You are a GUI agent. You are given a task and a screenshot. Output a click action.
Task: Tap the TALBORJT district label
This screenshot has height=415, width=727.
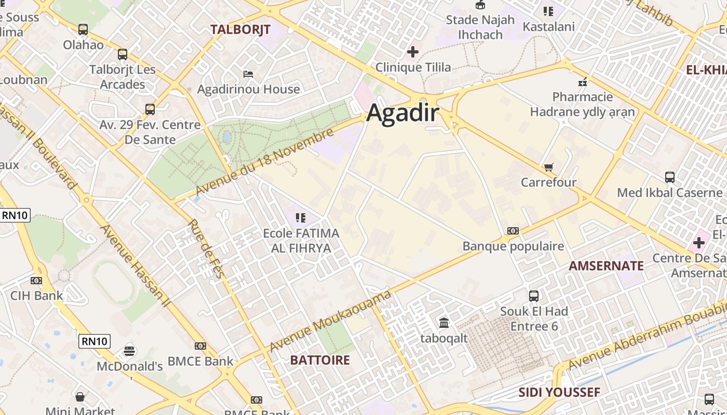tap(240, 30)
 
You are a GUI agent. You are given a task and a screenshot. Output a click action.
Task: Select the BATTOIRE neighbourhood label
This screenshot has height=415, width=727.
tap(320, 360)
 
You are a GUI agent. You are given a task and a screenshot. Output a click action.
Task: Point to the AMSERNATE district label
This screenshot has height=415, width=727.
tap(606, 266)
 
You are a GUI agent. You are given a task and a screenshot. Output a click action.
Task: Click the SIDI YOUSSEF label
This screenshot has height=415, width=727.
tap(559, 393)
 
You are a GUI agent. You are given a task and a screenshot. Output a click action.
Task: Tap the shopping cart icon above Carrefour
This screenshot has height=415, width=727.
tap(548, 167)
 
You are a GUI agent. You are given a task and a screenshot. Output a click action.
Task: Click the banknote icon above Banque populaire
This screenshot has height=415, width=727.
tap(513, 231)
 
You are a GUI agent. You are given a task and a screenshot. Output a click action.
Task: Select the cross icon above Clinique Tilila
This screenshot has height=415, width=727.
tap(413, 52)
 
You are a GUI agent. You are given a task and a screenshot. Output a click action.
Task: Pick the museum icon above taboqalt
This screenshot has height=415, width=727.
tap(444, 323)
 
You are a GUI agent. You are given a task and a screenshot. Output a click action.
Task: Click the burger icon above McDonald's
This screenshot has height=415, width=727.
tap(129, 351)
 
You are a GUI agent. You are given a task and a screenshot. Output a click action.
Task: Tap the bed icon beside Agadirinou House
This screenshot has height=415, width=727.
tap(248, 74)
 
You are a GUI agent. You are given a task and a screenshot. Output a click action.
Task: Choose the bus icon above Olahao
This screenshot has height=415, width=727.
tap(83, 30)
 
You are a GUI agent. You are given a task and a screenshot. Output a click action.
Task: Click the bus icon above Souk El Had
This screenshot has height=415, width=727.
tap(534, 296)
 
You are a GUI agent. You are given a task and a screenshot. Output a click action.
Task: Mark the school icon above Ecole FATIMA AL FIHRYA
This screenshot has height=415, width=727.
tap(301, 218)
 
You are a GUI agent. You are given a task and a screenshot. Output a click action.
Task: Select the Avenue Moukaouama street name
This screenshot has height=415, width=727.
tap(330, 322)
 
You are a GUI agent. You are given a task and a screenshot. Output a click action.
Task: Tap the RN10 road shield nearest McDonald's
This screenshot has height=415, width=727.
tap(95, 341)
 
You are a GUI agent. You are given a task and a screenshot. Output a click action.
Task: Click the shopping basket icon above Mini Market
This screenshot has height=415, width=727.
tap(80, 397)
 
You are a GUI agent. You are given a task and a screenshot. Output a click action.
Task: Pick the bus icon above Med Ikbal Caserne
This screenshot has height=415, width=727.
tap(670, 177)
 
